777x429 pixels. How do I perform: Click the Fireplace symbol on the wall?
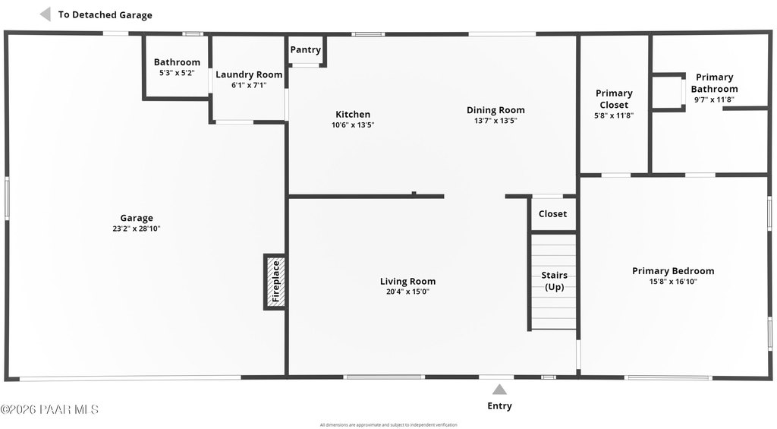[x=275, y=282]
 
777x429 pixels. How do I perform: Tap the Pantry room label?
[x=305, y=50]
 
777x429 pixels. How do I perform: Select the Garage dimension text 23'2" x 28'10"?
[x=136, y=229]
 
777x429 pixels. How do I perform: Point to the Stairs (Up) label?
[x=554, y=281]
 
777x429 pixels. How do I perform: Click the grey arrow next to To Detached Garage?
[x=45, y=14]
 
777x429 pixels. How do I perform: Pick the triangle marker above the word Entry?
[x=499, y=390]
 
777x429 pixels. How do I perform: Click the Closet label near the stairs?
[x=552, y=214]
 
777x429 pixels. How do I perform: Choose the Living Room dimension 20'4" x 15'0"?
[x=407, y=292]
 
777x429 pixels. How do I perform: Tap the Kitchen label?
[x=353, y=115]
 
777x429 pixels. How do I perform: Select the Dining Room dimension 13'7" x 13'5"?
[x=495, y=121]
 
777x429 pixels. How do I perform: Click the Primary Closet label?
[x=614, y=99]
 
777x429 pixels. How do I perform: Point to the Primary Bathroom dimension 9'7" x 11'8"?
[x=714, y=99]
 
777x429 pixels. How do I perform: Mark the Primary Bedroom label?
[x=673, y=271]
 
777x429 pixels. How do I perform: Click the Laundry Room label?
[x=249, y=74]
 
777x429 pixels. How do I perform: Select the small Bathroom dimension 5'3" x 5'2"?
[x=177, y=73]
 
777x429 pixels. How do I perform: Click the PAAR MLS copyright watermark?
[x=49, y=409]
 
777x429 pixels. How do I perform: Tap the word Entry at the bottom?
[x=499, y=406]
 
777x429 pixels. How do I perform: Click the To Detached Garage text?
[x=105, y=15]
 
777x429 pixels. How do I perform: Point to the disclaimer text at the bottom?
[x=388, y=424]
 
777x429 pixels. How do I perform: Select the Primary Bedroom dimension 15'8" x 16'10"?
[x=673, y=282]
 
